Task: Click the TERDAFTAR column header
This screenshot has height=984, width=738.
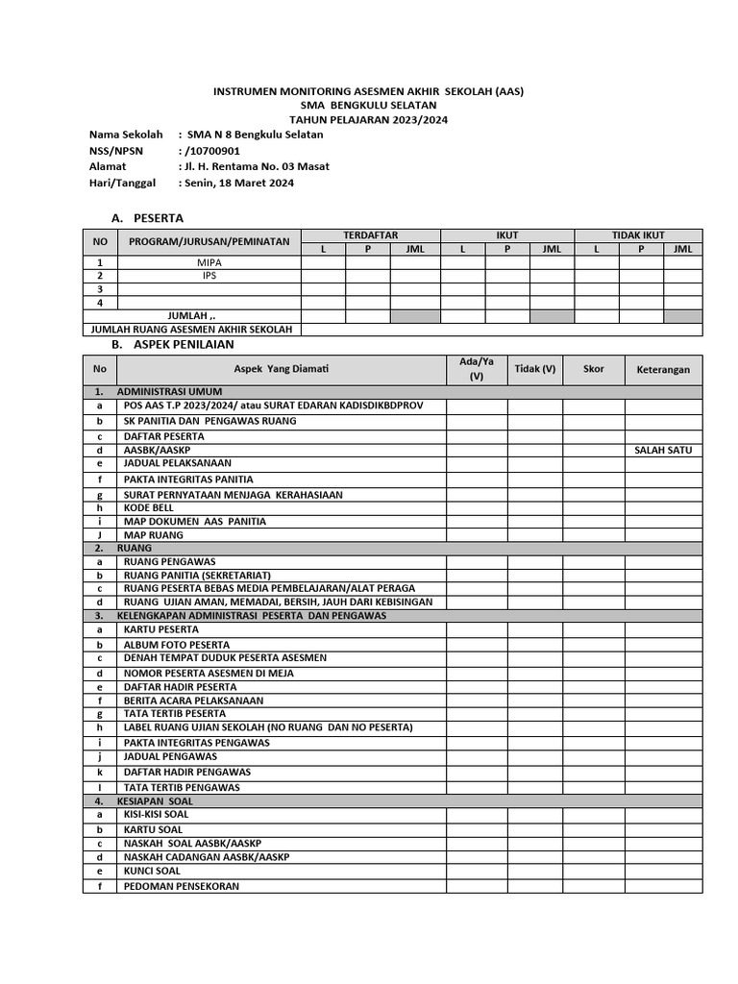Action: (370, 235)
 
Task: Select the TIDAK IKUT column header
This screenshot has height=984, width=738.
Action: (638, 235)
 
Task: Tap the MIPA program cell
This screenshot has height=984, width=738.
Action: (209, 261)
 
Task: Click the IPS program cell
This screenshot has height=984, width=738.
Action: (209, 275)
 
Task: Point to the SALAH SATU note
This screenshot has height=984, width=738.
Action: (663, 450)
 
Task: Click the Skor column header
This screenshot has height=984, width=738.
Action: (593, 369)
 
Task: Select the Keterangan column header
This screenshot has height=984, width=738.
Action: (663, 370)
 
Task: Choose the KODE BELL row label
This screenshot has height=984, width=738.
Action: (149, 507)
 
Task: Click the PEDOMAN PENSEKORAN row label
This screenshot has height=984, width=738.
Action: (181, 886)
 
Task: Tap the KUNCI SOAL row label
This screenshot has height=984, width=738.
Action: (152, 871)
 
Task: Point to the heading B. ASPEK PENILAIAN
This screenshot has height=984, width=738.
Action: (172, 344)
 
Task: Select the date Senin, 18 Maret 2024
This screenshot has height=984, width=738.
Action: (237, 183)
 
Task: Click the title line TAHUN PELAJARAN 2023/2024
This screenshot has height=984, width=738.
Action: (368, 119)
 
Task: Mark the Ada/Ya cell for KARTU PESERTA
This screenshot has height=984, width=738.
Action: (476, 629)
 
